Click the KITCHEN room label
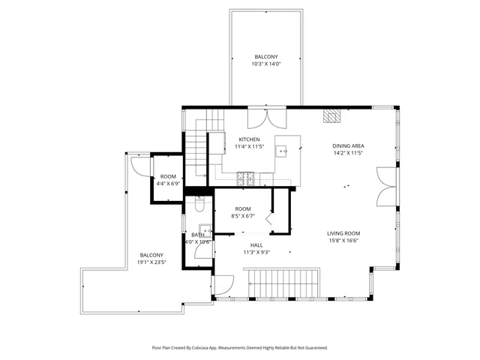249,139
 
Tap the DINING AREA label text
348,145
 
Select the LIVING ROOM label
343,233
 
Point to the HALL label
256,245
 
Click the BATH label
197,235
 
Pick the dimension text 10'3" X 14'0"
265,64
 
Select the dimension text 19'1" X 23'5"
151,262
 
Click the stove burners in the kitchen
245,178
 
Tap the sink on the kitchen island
283,151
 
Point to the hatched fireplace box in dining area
331,116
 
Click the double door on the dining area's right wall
384,185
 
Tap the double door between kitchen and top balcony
265,118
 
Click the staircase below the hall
283,284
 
